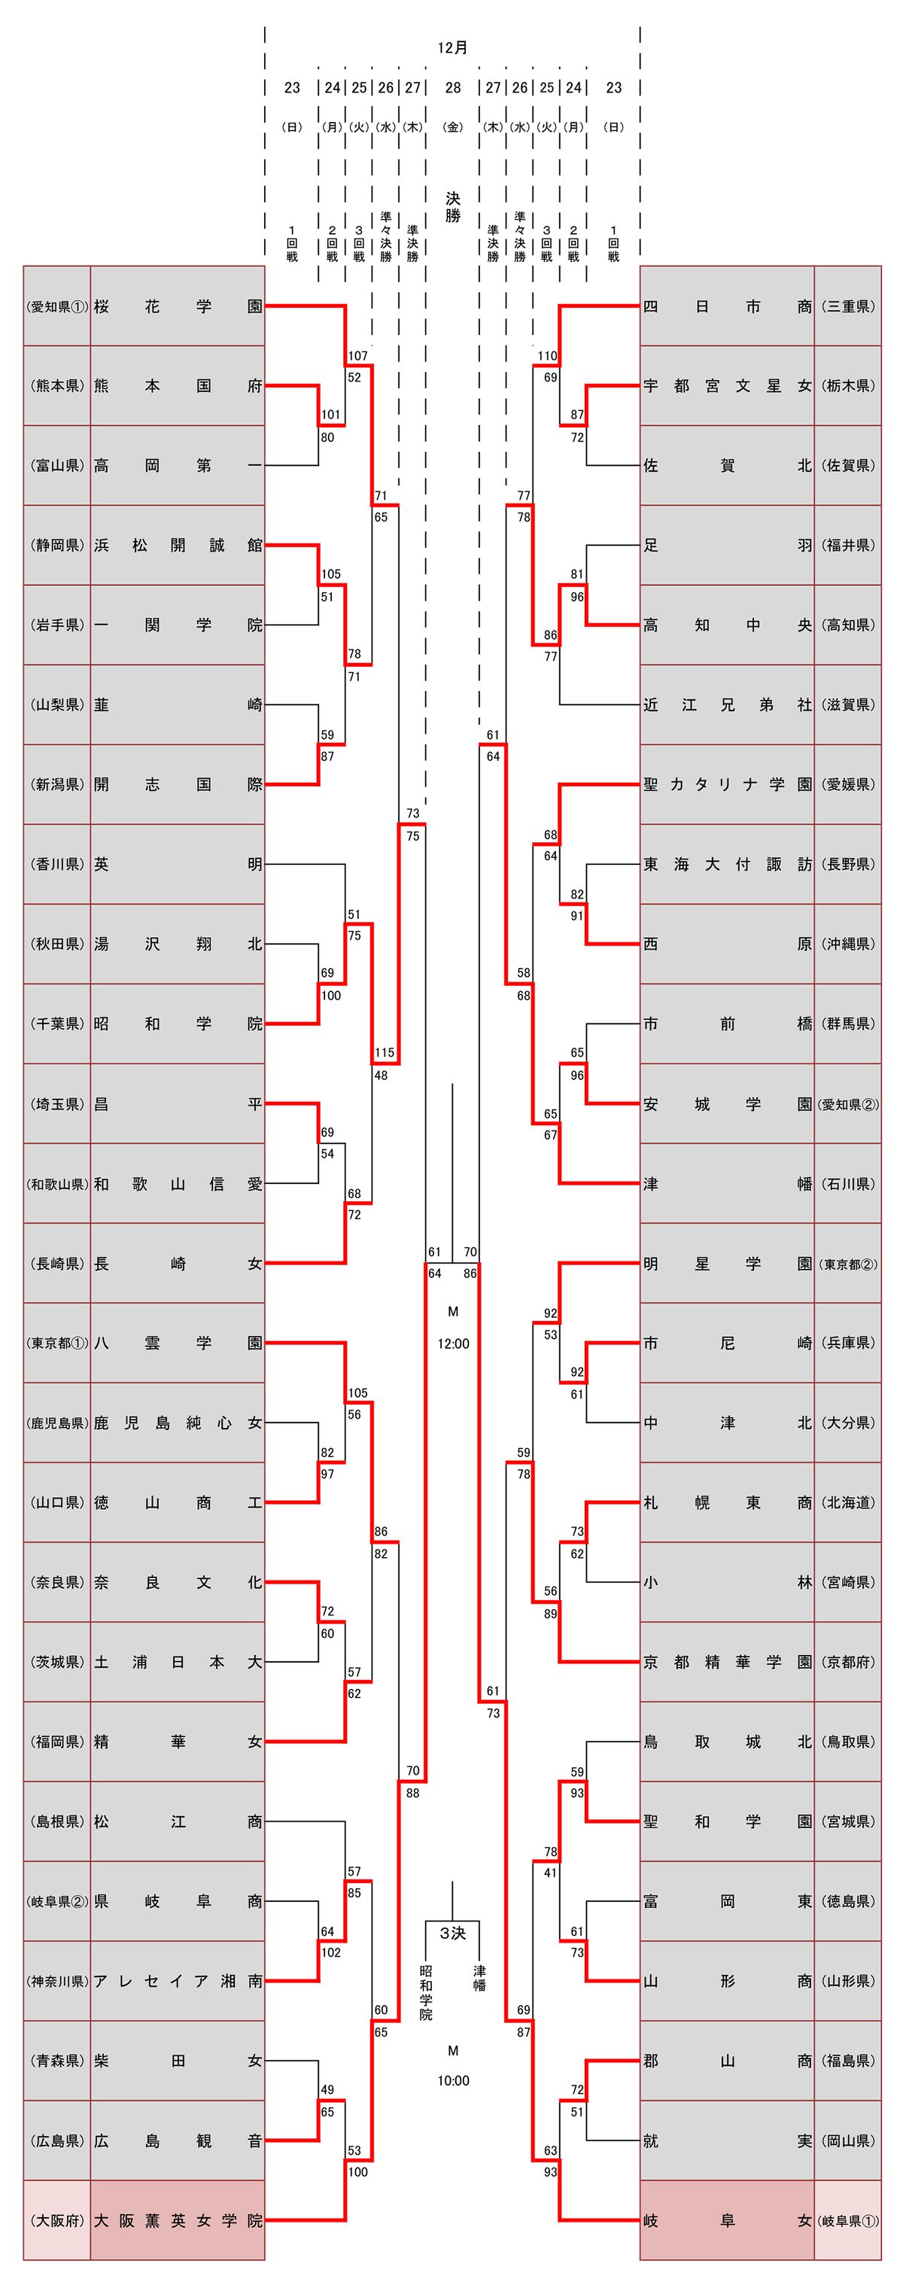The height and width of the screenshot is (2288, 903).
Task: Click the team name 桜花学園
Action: (178, 306)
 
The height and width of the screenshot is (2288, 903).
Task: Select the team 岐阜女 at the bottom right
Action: (726, 2220)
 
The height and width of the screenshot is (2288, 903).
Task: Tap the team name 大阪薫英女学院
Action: (178, 2220)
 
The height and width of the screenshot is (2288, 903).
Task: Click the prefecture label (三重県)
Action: (848, 306)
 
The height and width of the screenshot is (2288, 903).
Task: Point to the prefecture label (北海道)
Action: (848, 1502)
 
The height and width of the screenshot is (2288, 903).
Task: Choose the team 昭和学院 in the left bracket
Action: (178, 1024)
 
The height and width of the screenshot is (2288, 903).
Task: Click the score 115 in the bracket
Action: (384, 1052)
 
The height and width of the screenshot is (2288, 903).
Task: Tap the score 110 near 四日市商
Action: (547, 356)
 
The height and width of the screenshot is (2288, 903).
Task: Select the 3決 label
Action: (453, 1933)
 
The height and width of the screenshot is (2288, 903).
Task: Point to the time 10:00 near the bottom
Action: (453, 2081)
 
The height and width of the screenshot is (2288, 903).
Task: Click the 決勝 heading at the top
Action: (453, 206)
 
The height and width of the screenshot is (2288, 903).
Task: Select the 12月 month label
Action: (453, 48)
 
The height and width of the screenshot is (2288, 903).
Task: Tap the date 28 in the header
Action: (453, 87)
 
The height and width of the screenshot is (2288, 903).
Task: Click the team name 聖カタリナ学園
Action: (726, 784)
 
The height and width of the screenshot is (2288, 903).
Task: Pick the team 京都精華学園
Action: (726, 1662)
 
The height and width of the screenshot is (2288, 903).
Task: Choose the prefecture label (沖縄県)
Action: (848, 944)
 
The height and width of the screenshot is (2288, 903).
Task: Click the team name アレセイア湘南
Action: (178, 1981)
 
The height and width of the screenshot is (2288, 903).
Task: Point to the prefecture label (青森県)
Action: (57, 2061)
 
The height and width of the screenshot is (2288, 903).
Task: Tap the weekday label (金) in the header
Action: (453, 127)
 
